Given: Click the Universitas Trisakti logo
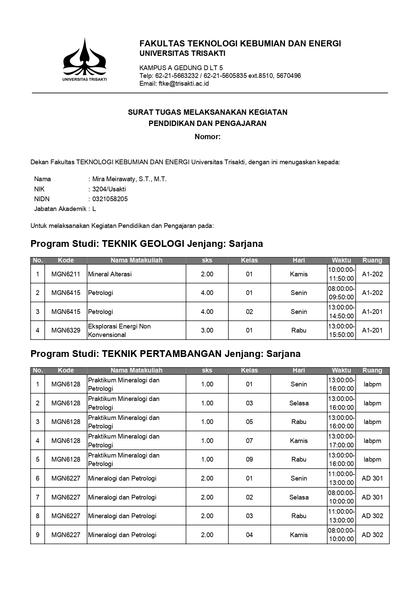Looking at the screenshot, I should pyautogui.click(x=84, y=59).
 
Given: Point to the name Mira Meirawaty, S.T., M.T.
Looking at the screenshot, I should pyautogui.click(x=129, y=179).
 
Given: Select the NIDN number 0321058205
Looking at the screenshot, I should pyautogui.click(x=110, y=199).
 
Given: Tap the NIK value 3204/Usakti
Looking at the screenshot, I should pyautogui.click(x=109, y=189).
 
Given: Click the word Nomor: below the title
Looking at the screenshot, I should pyautogui.click(x=207, y=137).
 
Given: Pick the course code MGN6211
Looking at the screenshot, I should pyautogui.click(x=66, y=274).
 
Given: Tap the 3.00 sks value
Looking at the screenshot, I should pyautogui.click(x=207, y=331).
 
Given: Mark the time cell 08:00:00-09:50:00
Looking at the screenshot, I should pyautogui.click(x=341, y=293).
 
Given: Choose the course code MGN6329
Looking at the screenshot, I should pyautogui.click(x=66, y=331).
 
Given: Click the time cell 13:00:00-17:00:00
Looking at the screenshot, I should pyautogui.click(x=341, y=441).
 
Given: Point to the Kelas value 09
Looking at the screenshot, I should pyautogui.click(x=249, y=460).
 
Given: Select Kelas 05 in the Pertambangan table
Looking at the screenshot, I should pyautogui.click(x=249, y=422).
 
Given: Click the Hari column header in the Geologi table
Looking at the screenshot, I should pyautogui.click(x=299, y=260).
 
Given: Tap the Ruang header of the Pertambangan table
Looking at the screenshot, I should pyautogui.click(x=372, y=370).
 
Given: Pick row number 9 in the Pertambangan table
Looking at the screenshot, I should pyautogui.click(x=38, y=535).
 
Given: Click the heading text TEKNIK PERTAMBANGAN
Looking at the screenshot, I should pyautogui.click(x=161, y=354).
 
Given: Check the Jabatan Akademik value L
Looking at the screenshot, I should pyautogui.click(x=94, y=209).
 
